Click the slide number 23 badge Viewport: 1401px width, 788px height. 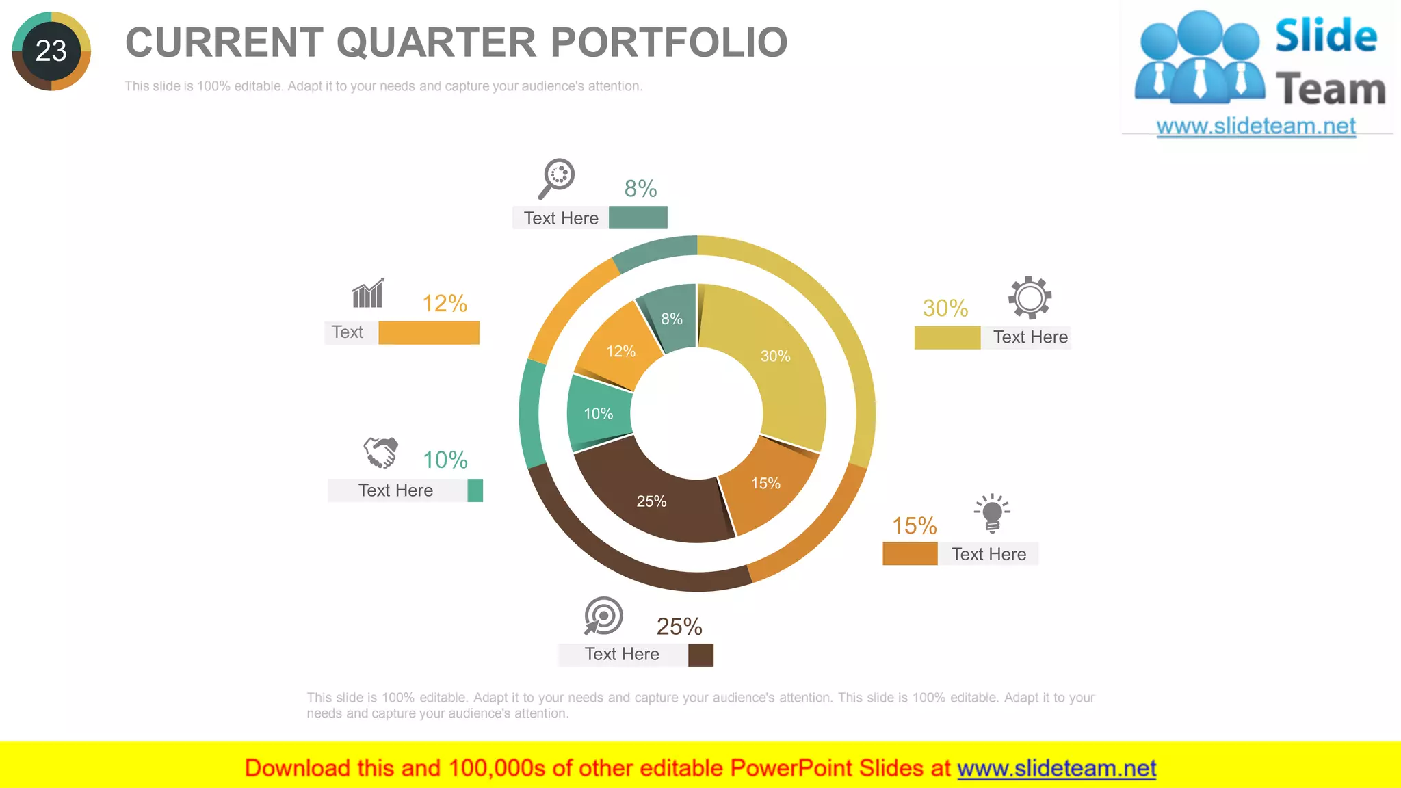(x=51, y=51)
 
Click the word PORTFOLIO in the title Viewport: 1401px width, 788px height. (x=668, y=42)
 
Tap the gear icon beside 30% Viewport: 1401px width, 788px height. (x=1030, y=298)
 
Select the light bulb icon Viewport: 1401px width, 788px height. (x=992, y=513)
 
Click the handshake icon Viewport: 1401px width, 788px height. (x=381, y=452)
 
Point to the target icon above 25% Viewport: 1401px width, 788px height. (x=603, y=616)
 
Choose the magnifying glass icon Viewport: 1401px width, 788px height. (x=556, y=178)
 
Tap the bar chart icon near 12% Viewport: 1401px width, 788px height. (x=368, y=294)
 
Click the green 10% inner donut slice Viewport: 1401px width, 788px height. (x=597, y=413)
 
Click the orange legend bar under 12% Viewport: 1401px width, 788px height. (x=429, y=332)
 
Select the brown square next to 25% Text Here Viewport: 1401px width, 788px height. (x=700, y=655)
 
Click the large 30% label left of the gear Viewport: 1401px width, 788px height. (x=945, y=308)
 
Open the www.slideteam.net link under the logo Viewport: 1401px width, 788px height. (x=1256, y=127)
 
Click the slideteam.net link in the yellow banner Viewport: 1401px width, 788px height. (x=1056, y=768)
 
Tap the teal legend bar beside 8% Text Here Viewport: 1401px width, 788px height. (x=638, y=218)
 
